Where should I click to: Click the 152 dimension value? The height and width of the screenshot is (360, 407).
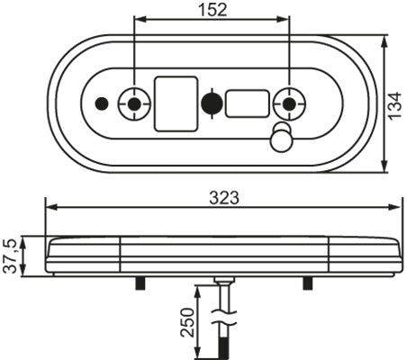(211, 10)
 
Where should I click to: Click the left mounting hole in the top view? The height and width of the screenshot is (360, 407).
(135, 104)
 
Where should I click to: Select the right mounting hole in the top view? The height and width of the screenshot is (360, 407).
(288, 104)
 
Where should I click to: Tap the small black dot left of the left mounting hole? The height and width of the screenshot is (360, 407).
(102, 104)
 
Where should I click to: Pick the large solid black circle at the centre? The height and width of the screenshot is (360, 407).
(213, 104)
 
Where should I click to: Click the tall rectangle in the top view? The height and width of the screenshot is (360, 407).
(176, 103)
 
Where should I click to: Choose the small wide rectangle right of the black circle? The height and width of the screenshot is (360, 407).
(247, 103)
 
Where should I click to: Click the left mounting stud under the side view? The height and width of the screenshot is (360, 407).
(139, 283)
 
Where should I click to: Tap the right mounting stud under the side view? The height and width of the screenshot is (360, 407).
(308, 283)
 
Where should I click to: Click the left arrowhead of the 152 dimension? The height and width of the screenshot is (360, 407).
(140, 19)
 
